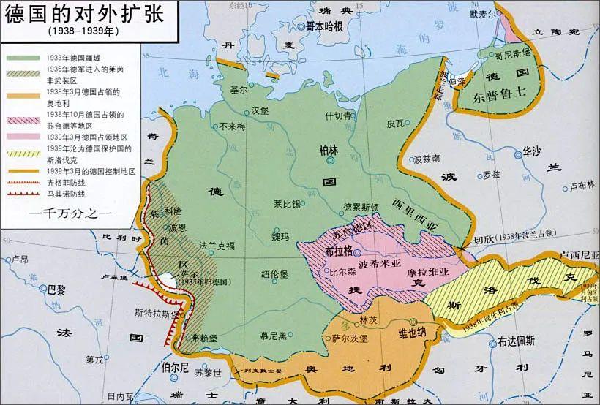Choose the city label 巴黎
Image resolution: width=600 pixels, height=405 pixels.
pyautogui.click(x=56, y=289)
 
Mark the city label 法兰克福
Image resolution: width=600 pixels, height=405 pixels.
pyautogui.click(x=217, y=247)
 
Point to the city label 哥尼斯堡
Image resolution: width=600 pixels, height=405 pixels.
pyautogui.click(x=511, y=54)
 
